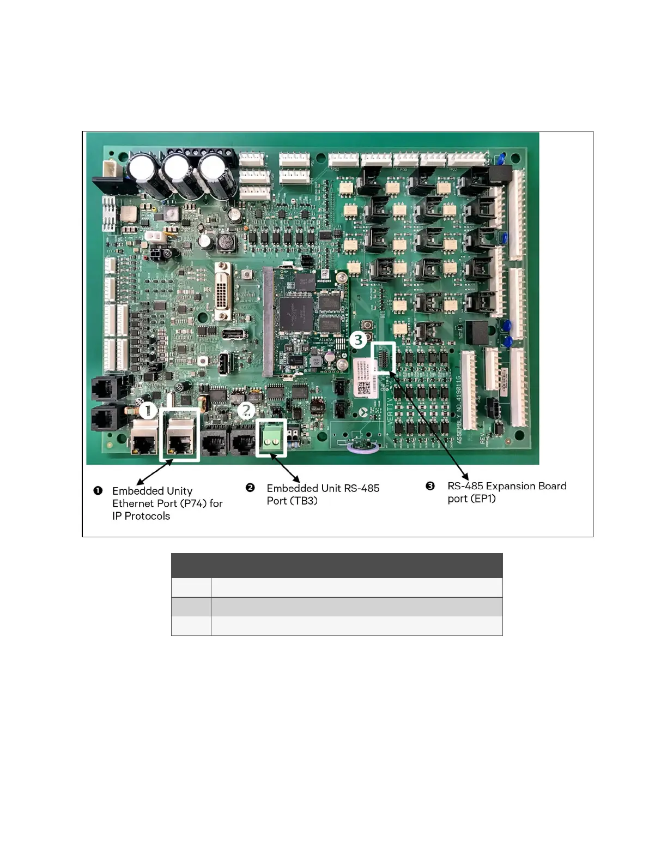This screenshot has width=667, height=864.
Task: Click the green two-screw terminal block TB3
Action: click(x=271, y=438)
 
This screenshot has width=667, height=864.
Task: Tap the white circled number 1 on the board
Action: click(x=148, y=411)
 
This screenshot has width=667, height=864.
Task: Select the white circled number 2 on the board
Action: click(x=246, y=410)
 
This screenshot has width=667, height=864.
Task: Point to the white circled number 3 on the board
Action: click(x=358, y=340)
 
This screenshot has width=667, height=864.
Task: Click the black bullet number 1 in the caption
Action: click(x=98, y=490)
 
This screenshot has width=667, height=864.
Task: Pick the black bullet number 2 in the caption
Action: click(x=250, y=488)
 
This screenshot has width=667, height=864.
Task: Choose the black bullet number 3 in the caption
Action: click(x=430, y=485)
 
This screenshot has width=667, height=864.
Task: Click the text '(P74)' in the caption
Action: click(x=193, y=503)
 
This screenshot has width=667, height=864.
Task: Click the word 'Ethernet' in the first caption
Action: click(x=133, y=503)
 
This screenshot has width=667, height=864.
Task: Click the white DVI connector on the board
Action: click(x=224, y=291)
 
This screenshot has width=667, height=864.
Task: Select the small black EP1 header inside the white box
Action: click(x=383, y=358)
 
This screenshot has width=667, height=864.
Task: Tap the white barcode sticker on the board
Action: click(x=364, y=377)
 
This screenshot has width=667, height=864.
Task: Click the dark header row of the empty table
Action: click(x=337, y=566)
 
